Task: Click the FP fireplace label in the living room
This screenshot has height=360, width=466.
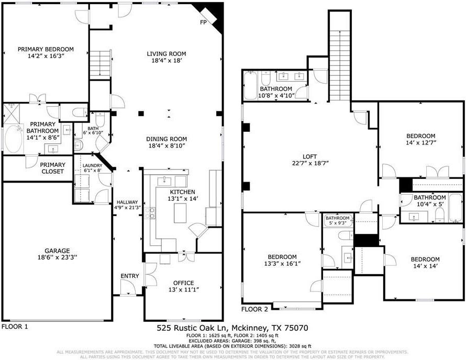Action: (x=204, y=23)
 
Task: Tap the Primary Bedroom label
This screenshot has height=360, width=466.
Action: (x=46, y=49)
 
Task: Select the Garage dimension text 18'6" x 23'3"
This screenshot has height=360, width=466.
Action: (x=57, y=257)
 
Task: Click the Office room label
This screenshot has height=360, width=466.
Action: (x=183, y=283)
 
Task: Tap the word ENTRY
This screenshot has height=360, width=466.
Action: (x=129, y=276)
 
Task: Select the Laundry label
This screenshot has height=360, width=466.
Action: (x=92, y=166)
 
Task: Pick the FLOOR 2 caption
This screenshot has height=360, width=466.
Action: (x=255, y=309)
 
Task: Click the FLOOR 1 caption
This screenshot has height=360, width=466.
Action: (x=15, y=326)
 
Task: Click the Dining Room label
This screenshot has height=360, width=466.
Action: (x=167, y=139)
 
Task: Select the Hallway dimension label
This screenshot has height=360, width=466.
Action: (x=127, y=207)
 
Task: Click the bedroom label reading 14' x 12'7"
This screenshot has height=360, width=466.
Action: (x=420, y=142)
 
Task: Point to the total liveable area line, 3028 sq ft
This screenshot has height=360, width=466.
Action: (x=232, y=346)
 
